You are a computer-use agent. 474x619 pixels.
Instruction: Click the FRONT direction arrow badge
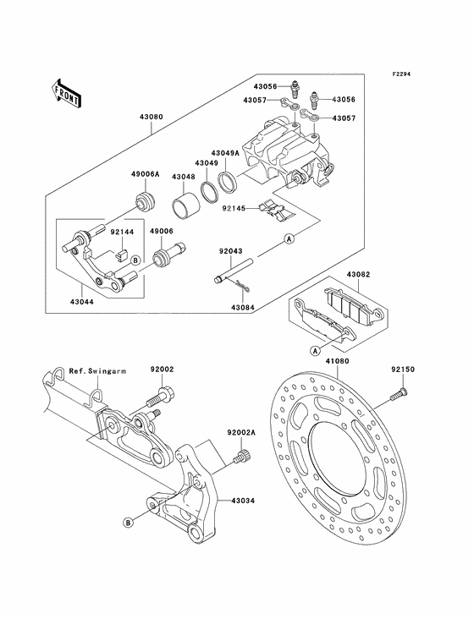point(66,92)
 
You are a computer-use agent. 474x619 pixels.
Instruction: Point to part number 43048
point(184,177)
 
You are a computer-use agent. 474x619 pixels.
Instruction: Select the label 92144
point(121,229)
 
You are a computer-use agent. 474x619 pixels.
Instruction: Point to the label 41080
point(338,361)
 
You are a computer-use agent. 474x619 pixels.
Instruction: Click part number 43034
point(243,501)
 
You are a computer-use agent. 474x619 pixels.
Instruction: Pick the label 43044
point(83,300)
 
